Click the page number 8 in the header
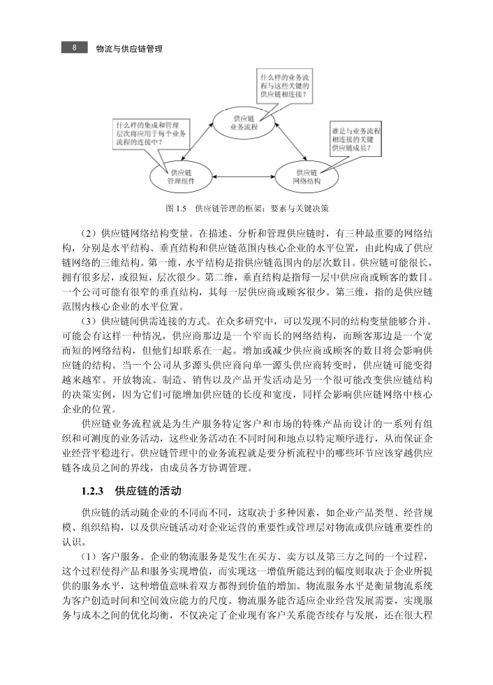[74, 49]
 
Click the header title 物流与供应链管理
[129, 50]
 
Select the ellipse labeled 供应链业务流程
[245, 123]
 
